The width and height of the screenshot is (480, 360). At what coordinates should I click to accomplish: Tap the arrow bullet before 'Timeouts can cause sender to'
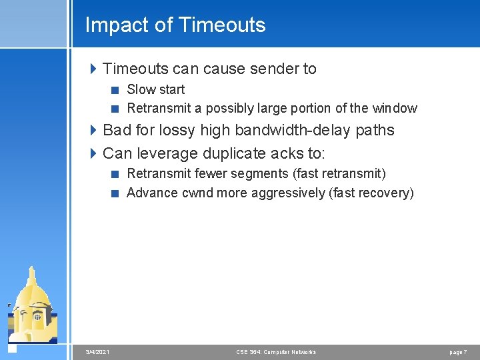pos(93,69)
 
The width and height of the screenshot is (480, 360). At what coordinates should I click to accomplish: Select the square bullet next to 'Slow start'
pos(115,89)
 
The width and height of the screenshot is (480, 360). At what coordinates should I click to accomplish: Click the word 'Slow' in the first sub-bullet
pos(141,89)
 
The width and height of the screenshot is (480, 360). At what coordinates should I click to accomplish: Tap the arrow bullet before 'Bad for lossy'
pos(93,130)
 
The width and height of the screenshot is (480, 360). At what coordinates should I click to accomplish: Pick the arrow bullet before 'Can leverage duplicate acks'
pos(93,153)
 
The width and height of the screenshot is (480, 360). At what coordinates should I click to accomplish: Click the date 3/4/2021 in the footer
pos(98,351)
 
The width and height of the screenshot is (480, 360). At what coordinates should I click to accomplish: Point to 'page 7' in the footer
pos(457,351)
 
